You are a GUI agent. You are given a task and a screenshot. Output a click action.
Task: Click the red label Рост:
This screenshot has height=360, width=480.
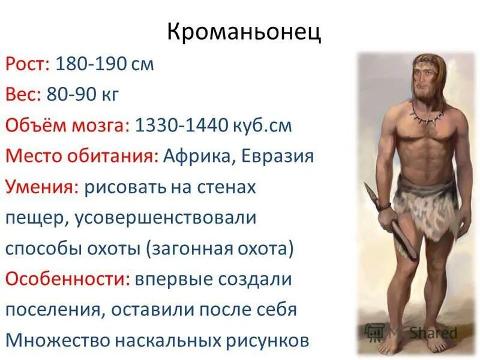pos(28,64)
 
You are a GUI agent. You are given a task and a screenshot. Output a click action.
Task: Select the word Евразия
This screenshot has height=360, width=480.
pos(278,157)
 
